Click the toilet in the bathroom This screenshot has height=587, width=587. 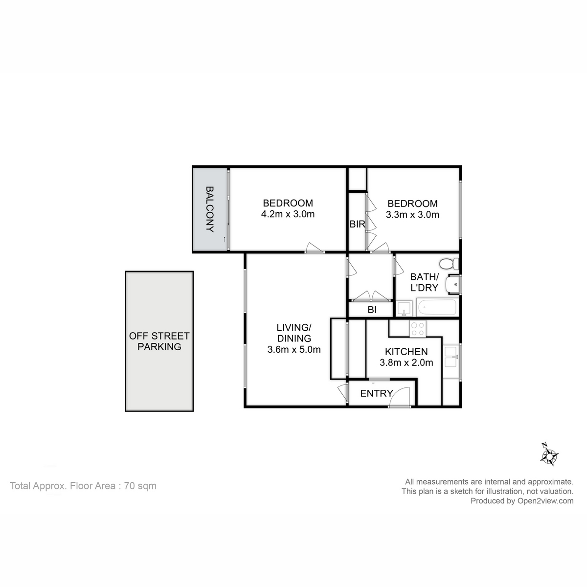pos(448,264)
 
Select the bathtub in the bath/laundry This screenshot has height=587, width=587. pos(437,308)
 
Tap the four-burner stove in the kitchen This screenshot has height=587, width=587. pos(418,329)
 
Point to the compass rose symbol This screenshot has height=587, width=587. pos(550,455)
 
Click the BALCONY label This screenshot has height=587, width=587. pos(210,209)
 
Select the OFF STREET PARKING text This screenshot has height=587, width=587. pos(159,341)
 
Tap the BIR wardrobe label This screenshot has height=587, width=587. pos(357,225)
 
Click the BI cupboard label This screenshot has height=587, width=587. pos(372,310)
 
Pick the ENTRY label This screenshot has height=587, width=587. pos(376,393)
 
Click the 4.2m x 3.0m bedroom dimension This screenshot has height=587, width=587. pos(288,214)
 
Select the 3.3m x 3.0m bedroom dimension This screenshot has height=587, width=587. pos(412,214)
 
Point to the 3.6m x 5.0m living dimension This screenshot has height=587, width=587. pos(293,349)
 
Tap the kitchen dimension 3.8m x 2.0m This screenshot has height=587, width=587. pos(406,362)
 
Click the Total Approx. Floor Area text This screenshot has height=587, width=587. pos(83,486)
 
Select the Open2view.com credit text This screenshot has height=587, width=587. pos(521,500)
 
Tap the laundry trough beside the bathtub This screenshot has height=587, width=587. pos(404,309)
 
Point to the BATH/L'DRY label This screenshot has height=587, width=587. pos(424,282)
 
